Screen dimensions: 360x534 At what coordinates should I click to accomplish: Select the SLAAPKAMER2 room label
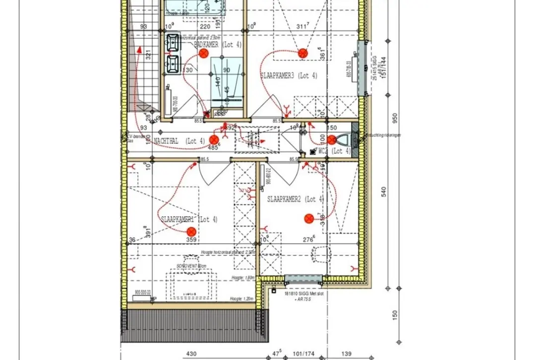pyautogui.click(x=296, y=199)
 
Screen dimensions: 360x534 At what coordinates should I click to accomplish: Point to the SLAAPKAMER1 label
pyautogui.click(x=189, y=219)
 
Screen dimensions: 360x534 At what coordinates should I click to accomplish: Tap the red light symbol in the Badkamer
pyautogui.click(x=203, y=54)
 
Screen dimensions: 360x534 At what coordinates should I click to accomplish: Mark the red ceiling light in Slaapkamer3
pyautogui.click(x=303, y=52)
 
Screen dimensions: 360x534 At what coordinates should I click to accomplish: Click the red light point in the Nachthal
pyautogui.click(x=214, y=140)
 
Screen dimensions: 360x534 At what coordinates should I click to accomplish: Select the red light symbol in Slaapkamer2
pyautogui.click(x=309, y=218)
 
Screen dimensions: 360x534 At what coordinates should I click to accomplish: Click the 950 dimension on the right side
pyautogui.click(x=395, y=118)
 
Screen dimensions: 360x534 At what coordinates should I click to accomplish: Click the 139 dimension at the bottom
pyautogui.click(x=346, y=355)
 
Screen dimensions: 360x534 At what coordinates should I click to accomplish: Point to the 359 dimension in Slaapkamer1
pyautogui.click(x=191, y=240)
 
